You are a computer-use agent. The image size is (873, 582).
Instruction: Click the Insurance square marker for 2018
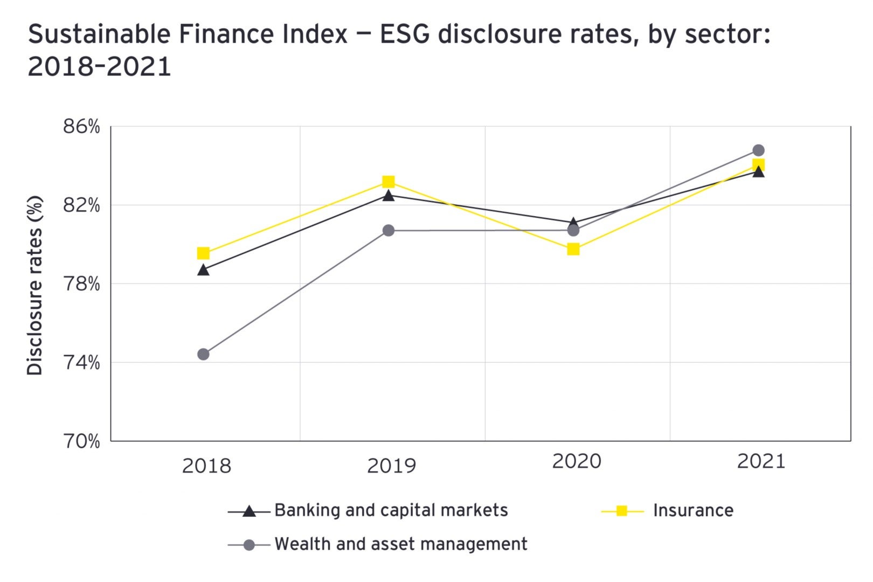coord(203,253)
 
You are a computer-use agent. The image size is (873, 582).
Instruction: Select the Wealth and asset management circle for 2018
coord(203,354)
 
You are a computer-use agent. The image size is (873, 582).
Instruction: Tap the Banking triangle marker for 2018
coord(203,270)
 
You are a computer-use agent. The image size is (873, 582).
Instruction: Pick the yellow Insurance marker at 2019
coord(389,182)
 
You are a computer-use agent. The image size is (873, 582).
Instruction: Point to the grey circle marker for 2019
coord(389,231)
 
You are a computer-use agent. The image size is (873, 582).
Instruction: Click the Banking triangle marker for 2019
coord(389,196)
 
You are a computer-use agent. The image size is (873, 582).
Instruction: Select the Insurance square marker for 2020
coord(573,249)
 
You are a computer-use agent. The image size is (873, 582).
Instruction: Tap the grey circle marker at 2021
coord(758,150)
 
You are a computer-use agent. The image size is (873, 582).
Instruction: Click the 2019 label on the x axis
coord(391,466)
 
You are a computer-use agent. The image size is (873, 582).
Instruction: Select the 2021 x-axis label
coord(761,461)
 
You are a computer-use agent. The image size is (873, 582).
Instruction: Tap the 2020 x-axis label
coord(577,461)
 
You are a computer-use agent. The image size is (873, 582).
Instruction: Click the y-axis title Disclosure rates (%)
coord(35,286)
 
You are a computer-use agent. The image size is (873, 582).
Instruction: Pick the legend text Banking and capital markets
coord(391,510)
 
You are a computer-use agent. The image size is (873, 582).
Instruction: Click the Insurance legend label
coord(693,510)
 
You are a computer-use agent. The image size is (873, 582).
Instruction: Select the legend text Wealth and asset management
coord(401,544)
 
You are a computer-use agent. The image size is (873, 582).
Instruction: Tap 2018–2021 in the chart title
coord(99,67)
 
